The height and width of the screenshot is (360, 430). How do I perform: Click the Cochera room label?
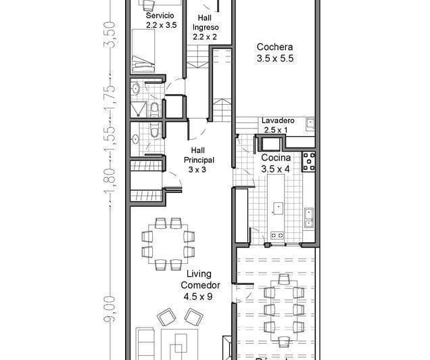point(274,53)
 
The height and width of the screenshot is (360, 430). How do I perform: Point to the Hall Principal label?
point(197,160)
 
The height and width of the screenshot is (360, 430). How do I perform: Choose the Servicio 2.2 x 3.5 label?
point(161,20)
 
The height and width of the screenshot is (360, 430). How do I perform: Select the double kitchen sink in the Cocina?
point(308,216)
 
